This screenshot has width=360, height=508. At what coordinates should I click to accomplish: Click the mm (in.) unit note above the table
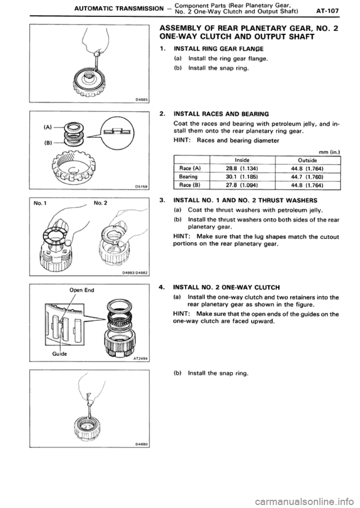coord(330,152)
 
